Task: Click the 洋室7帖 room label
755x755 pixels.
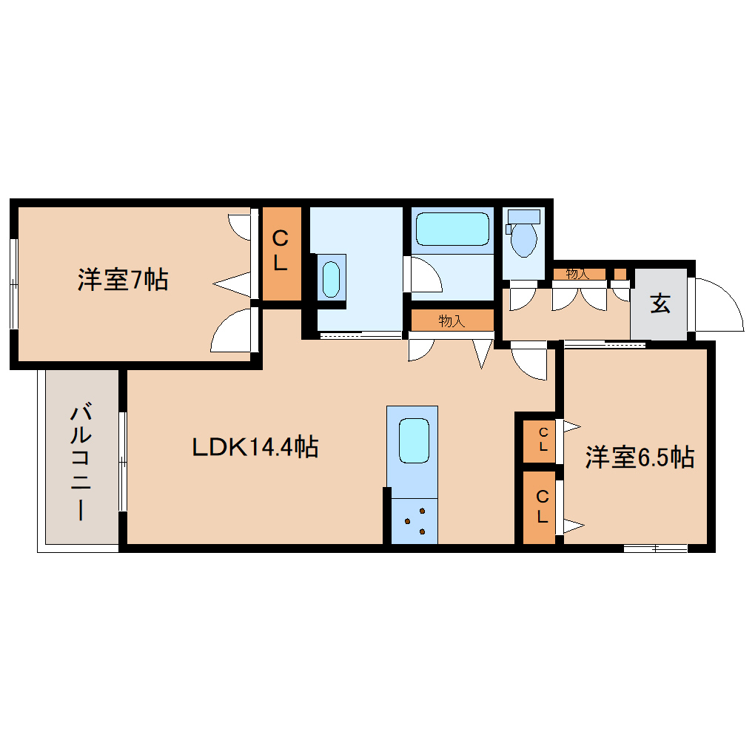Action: [123, 280]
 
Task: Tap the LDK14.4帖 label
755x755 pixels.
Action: [255, 446]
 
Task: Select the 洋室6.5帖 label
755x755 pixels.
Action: [640, 457]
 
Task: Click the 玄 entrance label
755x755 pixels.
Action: [660, 303]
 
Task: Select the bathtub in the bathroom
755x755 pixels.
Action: [453, 229]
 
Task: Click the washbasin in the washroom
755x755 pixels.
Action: [331, 278]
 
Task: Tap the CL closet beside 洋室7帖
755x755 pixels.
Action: [281, 252]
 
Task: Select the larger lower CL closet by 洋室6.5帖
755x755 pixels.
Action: [542, 507]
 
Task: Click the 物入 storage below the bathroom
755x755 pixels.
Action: [452, 321]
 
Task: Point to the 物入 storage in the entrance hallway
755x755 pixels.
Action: [578, 274]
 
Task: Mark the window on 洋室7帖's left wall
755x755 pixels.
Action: [13, 283]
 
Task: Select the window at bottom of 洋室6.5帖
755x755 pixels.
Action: [655, 548]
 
